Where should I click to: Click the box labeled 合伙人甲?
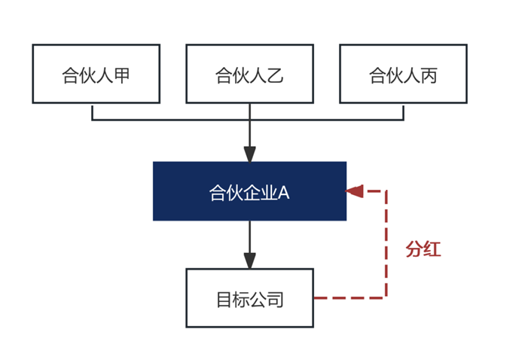coord(96,74)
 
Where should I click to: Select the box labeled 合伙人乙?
coord(249,74)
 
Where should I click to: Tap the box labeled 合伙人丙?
coord(403,74)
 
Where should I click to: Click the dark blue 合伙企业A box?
coord(249,191)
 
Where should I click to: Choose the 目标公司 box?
coord(249,298)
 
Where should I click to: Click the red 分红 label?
coord(423,249)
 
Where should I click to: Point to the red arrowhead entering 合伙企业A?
coord(354,191)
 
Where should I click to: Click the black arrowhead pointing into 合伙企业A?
coord(249,154)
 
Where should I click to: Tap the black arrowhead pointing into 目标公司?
coord(249,261)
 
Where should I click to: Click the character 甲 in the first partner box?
coord(122,75)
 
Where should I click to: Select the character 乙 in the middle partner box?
coord(276,75)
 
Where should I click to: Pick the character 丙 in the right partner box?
coord(429,75)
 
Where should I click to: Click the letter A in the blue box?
coord(284,193)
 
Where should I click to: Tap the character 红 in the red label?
coord(432,249)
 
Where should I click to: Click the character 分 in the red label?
coord(414,249)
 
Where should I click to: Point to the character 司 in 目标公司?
coord(275,300)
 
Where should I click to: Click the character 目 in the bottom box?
coord(224,300)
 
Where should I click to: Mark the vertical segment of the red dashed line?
coord(386,244)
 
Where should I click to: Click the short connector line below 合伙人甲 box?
coord(92,111)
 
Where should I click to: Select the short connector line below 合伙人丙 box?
coord(404,111)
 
